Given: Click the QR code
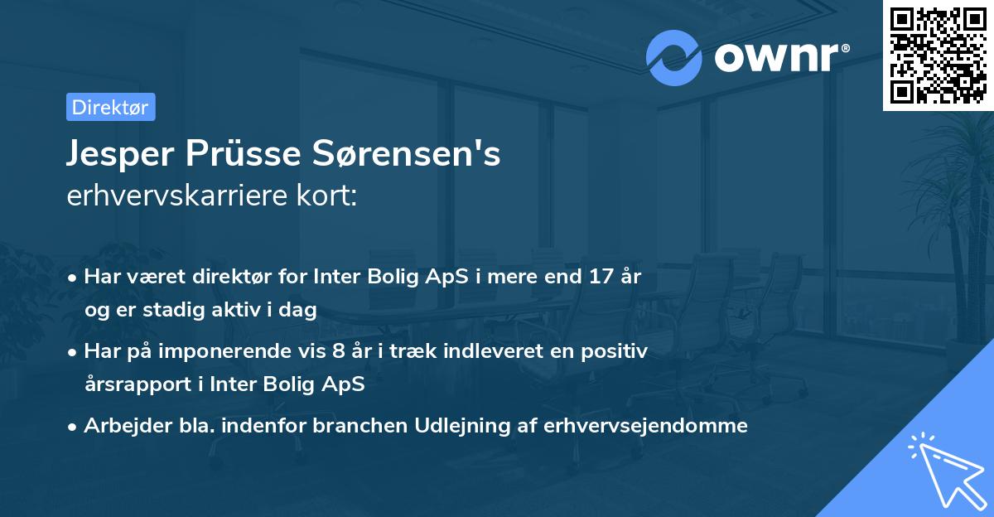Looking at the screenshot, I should point(938,55).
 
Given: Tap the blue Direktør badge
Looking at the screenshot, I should point(110,107).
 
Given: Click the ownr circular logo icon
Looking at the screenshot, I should point(675,58).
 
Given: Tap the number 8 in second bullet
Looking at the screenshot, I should point(337,351).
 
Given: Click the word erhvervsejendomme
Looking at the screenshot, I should point(645,426).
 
